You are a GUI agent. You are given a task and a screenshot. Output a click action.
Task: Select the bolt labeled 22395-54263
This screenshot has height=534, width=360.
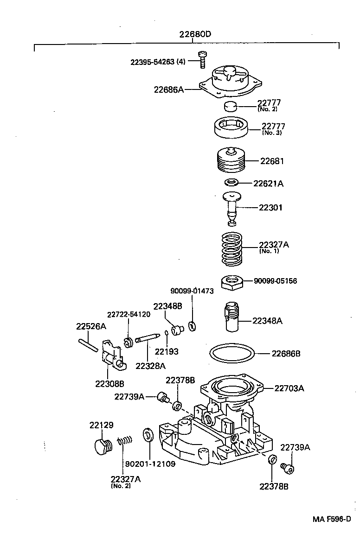(202, 59)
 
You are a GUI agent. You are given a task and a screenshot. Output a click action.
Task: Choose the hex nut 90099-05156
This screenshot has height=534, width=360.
(231, 282)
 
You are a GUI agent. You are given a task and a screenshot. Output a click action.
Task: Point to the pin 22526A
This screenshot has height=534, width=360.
(88, 343)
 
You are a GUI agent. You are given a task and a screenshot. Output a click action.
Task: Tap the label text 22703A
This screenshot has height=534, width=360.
(289, 388)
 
